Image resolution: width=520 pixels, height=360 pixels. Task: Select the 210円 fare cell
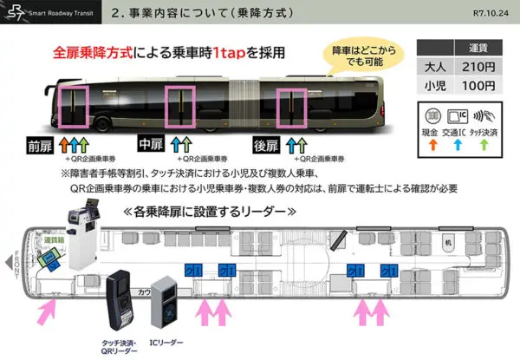[x=478, y=68]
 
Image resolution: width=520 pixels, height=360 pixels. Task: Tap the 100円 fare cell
[x=478, y=86]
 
